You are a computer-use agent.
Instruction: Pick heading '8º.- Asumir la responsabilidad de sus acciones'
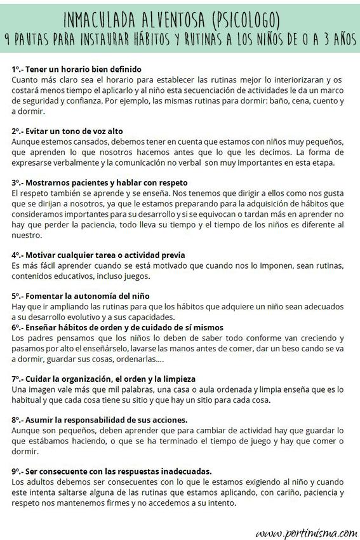[x=100, y=420]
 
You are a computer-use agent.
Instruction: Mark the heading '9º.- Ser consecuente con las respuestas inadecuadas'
[x=112, y=471]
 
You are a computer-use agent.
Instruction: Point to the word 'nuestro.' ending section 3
[x=27, y=234]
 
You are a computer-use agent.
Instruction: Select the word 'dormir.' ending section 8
[x=25, y=451]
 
